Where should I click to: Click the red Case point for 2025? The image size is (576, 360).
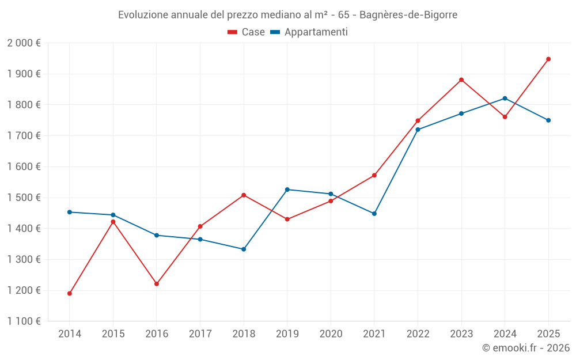click(x=548, y=59)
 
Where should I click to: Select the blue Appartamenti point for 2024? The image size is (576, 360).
click(x=505, y=98)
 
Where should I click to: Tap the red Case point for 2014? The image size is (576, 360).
click(x=70, y=293)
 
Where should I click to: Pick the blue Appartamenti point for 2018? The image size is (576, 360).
click(x=244, y=249)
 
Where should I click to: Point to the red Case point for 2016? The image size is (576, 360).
click(x=157, y=284)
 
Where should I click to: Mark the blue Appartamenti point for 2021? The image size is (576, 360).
click(x=374, y=214)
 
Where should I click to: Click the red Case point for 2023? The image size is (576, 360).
click(x=461, y=79)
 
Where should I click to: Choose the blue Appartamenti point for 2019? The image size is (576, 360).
click(x=287, y=190)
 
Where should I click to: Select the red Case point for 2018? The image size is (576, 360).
click(x=244, y=195)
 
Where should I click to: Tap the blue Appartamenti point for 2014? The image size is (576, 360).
click(x=70, y=212)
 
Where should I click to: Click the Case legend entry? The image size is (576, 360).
click(x=247, y=32)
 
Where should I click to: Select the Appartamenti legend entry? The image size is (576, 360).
click(x=309, y=32)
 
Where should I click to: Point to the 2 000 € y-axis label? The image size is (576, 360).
click(x=24, y=43)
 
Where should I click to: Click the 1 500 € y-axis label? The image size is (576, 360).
click(x=24, y=198)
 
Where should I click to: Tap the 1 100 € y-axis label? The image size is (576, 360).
click(x=24, y=321)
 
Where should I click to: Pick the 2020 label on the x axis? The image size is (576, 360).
click(x=331, y=334)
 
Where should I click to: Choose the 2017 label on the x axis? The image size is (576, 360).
click(x=200, y=334)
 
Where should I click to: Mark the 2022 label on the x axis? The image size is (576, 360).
click(x=418, y=334)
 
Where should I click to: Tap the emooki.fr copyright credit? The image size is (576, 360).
click(x=525, y=348)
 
